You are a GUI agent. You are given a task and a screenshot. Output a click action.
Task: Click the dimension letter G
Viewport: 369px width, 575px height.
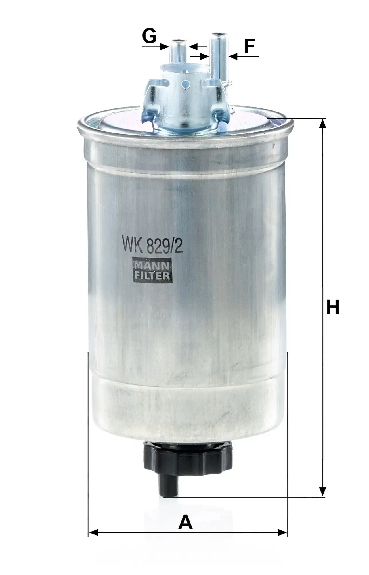[149, 37]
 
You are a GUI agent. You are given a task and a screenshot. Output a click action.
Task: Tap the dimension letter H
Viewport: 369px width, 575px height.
[333, 307]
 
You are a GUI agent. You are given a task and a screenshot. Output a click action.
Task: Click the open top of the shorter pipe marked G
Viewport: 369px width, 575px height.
[179, 41]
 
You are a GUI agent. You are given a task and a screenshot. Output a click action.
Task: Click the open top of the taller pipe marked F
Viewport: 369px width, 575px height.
[219, 35]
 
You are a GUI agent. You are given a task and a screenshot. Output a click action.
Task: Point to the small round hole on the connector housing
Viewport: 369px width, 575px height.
[188, 84]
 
